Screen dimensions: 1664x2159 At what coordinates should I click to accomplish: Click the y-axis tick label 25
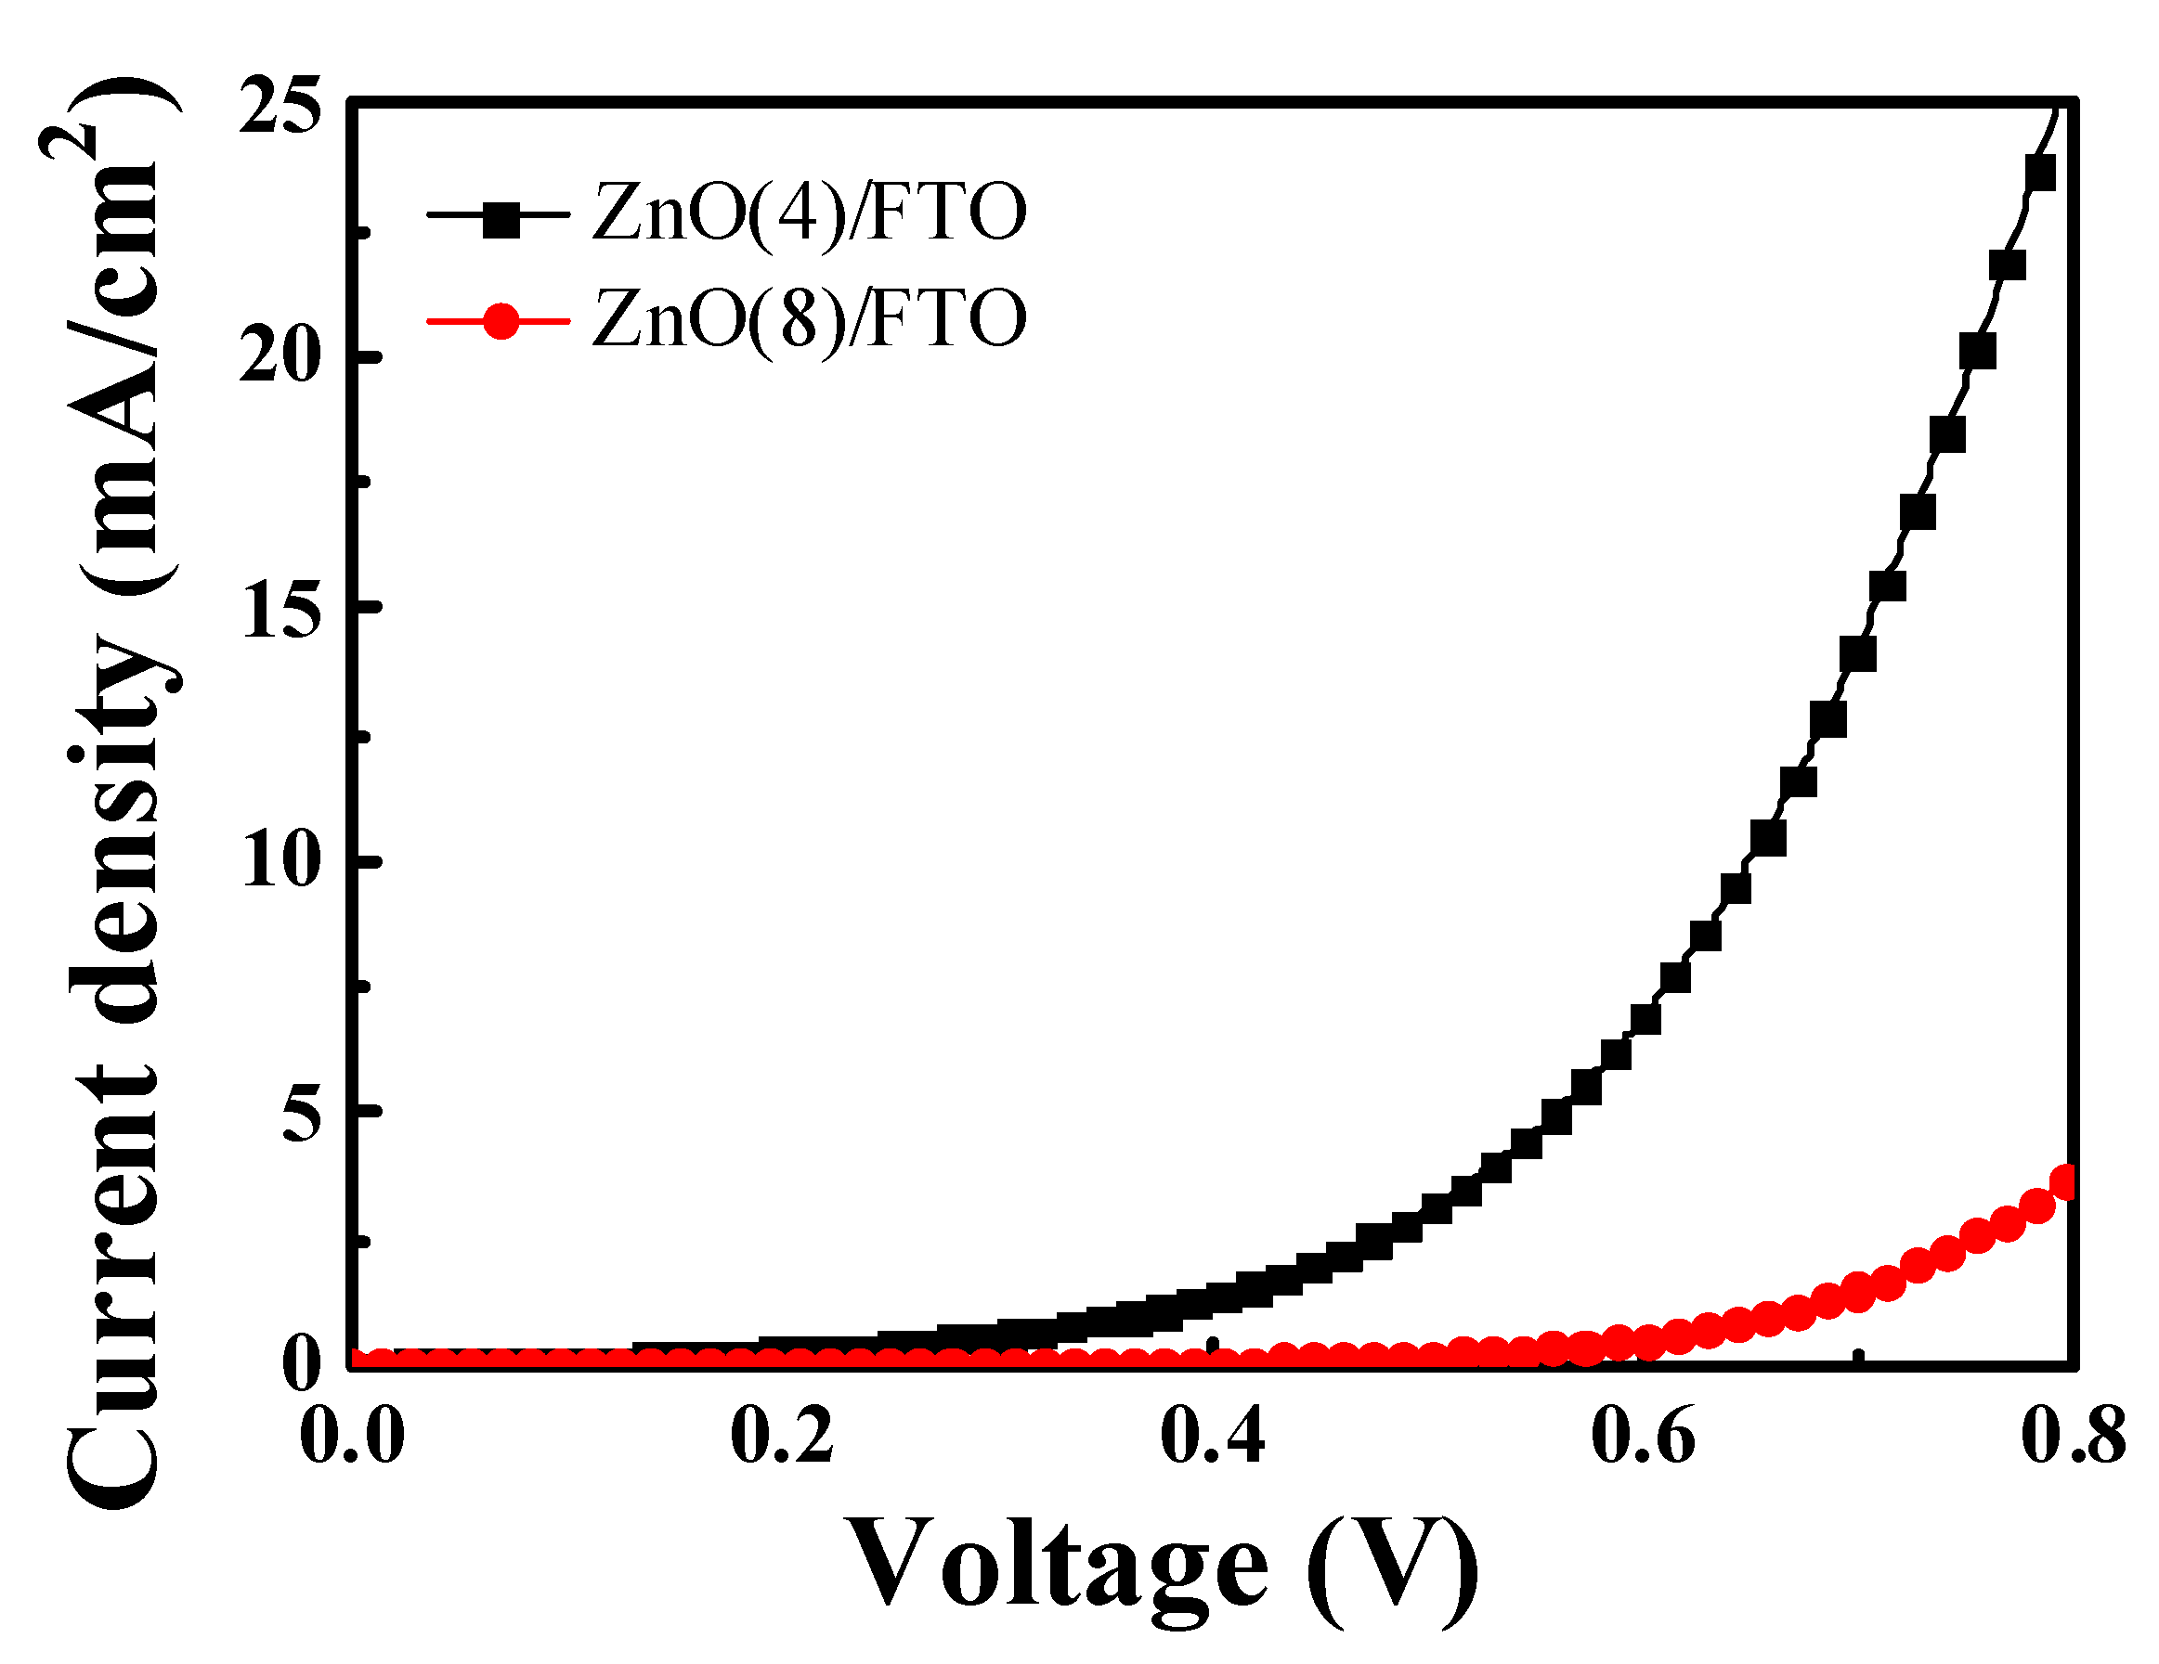click(x=280, y=106)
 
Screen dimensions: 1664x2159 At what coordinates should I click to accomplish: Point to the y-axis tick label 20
click(x=280, y=356)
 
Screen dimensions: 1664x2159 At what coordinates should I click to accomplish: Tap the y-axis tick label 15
click(x=282, y=609)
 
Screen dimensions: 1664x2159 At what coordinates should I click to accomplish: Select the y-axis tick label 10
click(x=282, y=860)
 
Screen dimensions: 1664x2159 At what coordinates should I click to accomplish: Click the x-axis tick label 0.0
click(x=352, y=1436)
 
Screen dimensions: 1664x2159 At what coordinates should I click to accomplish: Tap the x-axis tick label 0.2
click(x=782, y=1436)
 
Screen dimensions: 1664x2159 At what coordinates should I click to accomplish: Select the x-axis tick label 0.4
click(x=1212, y=1436)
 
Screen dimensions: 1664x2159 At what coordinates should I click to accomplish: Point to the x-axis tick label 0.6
click(x=1643, y=1436)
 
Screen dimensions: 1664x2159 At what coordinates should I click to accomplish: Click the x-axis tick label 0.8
click(x=2073, y=1436)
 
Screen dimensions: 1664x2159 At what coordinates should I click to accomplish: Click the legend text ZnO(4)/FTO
click(x=809, y=213)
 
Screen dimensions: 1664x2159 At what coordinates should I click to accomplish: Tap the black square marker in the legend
click(x=501, y=216)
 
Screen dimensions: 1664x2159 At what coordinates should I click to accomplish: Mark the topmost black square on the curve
click(x=2039, y=173)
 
